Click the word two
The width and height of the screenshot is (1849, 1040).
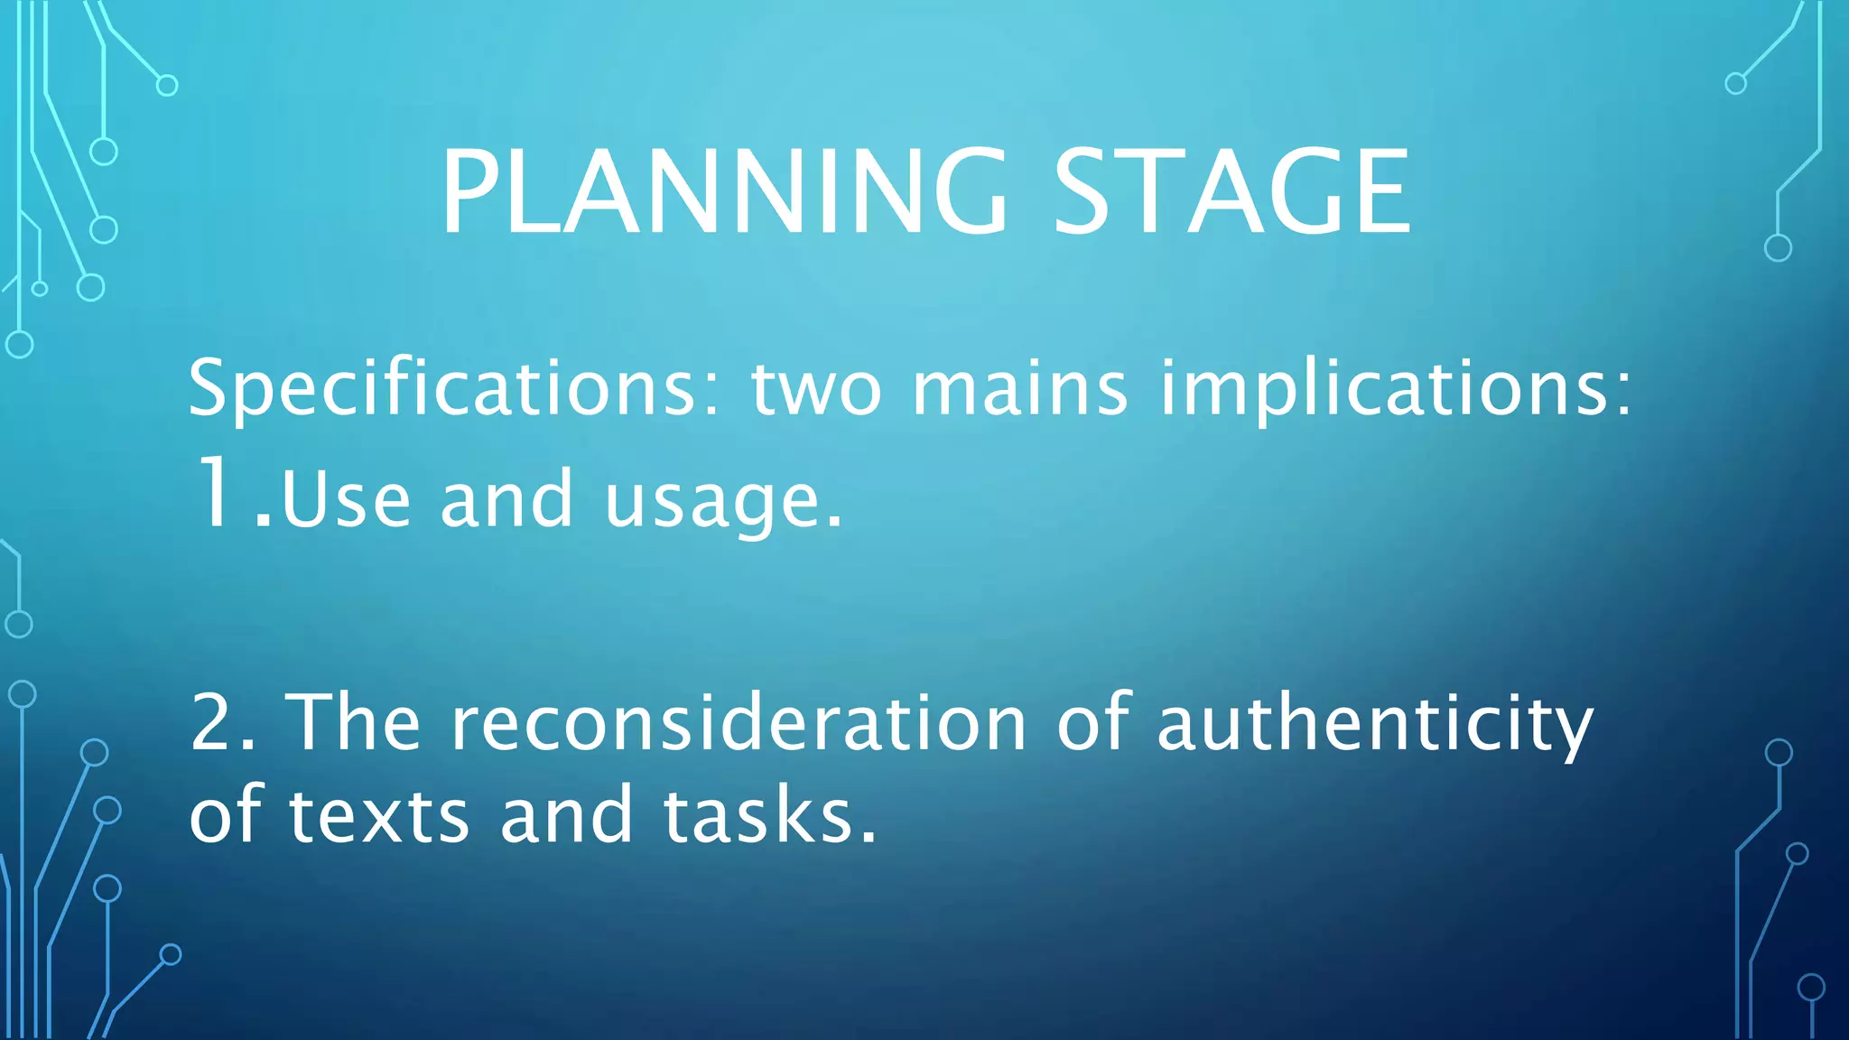pos(815,389)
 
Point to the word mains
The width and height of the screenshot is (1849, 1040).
pos(1019,389)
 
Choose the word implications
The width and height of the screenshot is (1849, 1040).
pos(1386,389)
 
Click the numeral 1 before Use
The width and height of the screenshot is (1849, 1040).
pos(215,494)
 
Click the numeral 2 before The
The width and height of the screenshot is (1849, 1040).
pos(212,722)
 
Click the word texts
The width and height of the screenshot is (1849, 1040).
pos(379,815)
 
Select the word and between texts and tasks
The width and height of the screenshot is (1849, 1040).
pos(566,815)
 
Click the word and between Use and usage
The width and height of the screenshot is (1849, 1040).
pos(506,499)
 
